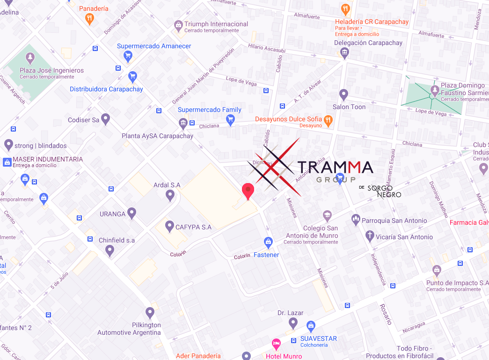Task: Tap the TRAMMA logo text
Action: [335, 167]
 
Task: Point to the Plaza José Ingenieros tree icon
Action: [30, 58]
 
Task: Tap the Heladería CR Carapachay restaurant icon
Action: [345, 9]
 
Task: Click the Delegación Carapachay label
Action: [368, 43]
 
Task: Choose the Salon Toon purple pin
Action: [344, 95]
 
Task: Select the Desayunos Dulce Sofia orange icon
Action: [328, 121]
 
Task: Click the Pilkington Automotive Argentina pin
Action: [150, 312]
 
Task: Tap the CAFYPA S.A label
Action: [193, 227]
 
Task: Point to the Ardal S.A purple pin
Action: [170, 195]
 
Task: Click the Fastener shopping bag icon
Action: [268, 242]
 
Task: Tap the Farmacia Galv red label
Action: [469, 222]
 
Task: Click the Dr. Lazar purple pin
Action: [293, 323]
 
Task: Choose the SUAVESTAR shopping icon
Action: [311, 326]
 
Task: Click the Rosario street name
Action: [385, 314]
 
